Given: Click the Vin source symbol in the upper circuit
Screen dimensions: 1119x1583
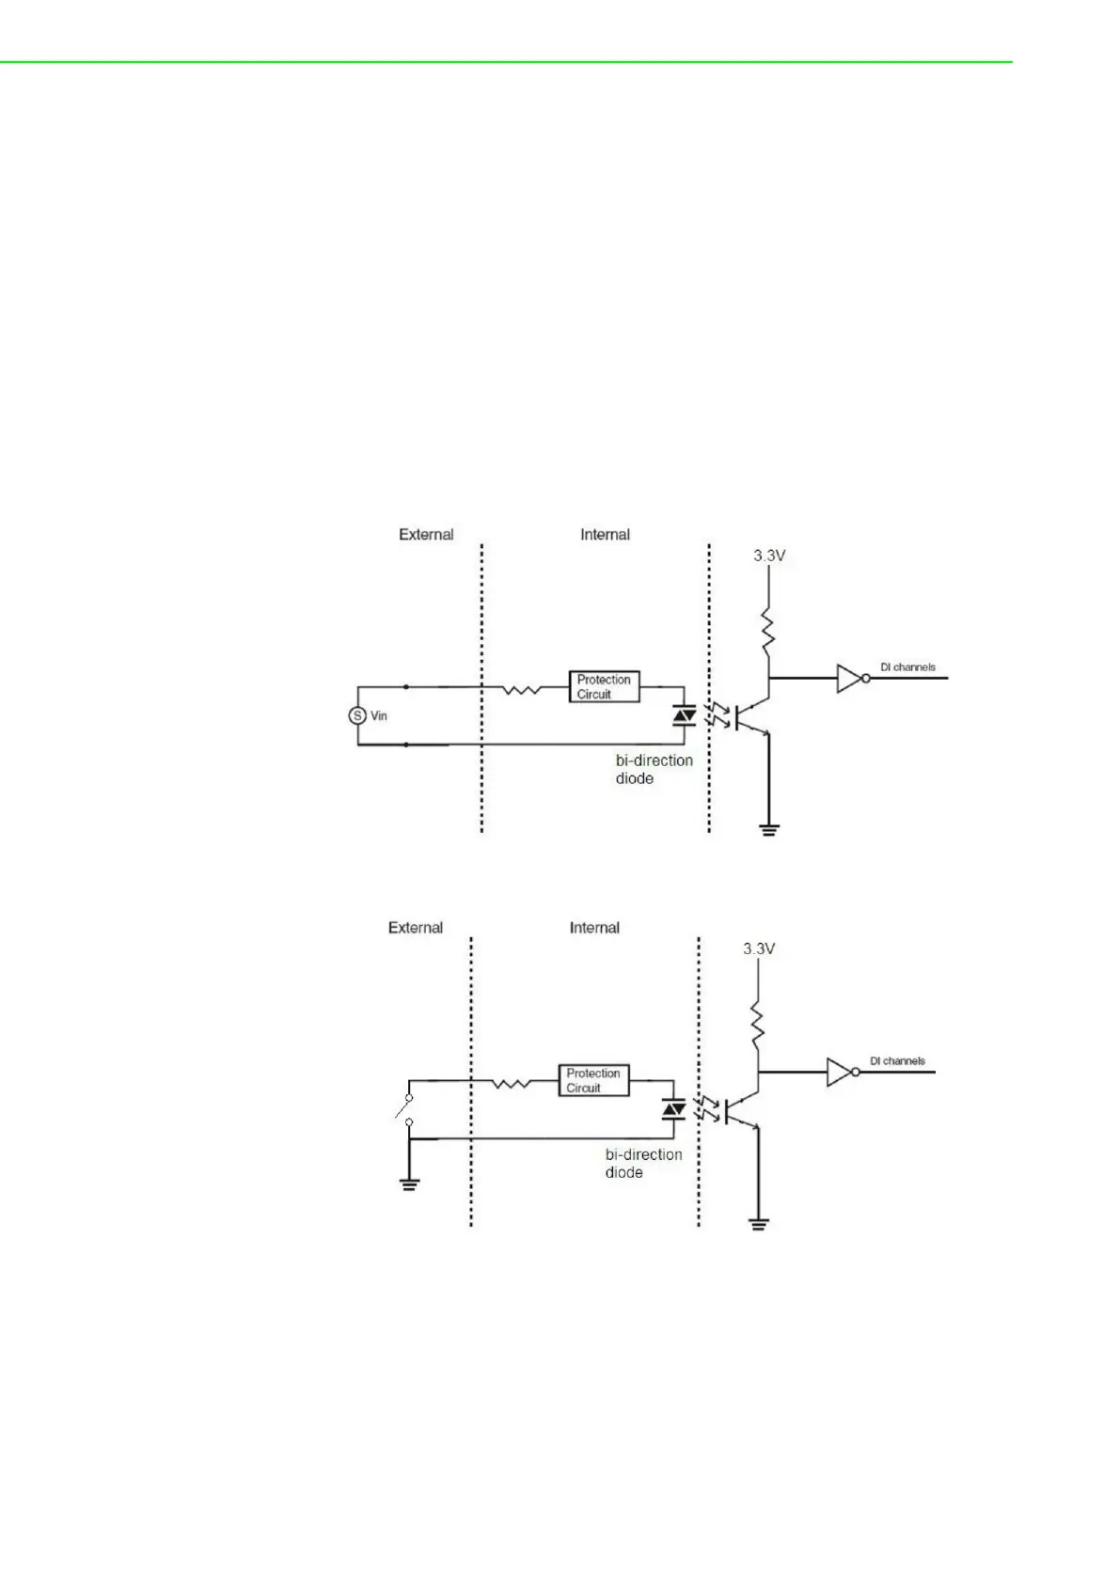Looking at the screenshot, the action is [356, 715].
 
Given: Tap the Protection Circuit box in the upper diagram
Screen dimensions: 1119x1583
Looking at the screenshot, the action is [604, 686].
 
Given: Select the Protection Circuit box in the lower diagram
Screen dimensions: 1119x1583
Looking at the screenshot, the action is [592, 1080].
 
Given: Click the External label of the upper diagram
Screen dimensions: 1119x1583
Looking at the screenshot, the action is [426, 534].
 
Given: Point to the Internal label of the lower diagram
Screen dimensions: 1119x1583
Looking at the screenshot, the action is [594, 928].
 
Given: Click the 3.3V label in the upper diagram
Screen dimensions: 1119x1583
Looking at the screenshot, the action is [769, 556].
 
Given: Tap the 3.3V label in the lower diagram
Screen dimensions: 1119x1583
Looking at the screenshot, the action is [759, 948].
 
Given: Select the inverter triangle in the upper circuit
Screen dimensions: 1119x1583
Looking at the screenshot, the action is [849, 678].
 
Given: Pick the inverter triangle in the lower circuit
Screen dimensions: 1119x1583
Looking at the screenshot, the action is [839, 1072].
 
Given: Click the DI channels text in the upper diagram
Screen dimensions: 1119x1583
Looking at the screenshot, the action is [907, 667].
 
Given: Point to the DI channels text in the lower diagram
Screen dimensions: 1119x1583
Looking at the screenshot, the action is [897, 1060].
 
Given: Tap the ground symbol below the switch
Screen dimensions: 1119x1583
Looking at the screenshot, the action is [409, 1183].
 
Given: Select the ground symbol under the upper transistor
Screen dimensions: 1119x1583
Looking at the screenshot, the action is [769, 829].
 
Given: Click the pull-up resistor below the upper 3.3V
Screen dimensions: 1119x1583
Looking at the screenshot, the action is [768, 632].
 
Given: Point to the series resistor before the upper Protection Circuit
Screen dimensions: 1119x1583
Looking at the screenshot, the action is [520, 690].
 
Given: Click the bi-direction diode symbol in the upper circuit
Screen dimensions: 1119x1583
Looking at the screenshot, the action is [685, 716].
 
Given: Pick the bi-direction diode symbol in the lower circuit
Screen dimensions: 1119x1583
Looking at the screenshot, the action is [673, 1110].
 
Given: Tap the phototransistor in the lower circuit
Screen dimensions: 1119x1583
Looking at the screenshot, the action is [743, 1109].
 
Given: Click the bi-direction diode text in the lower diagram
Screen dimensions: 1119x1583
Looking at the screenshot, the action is [643, 1163].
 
